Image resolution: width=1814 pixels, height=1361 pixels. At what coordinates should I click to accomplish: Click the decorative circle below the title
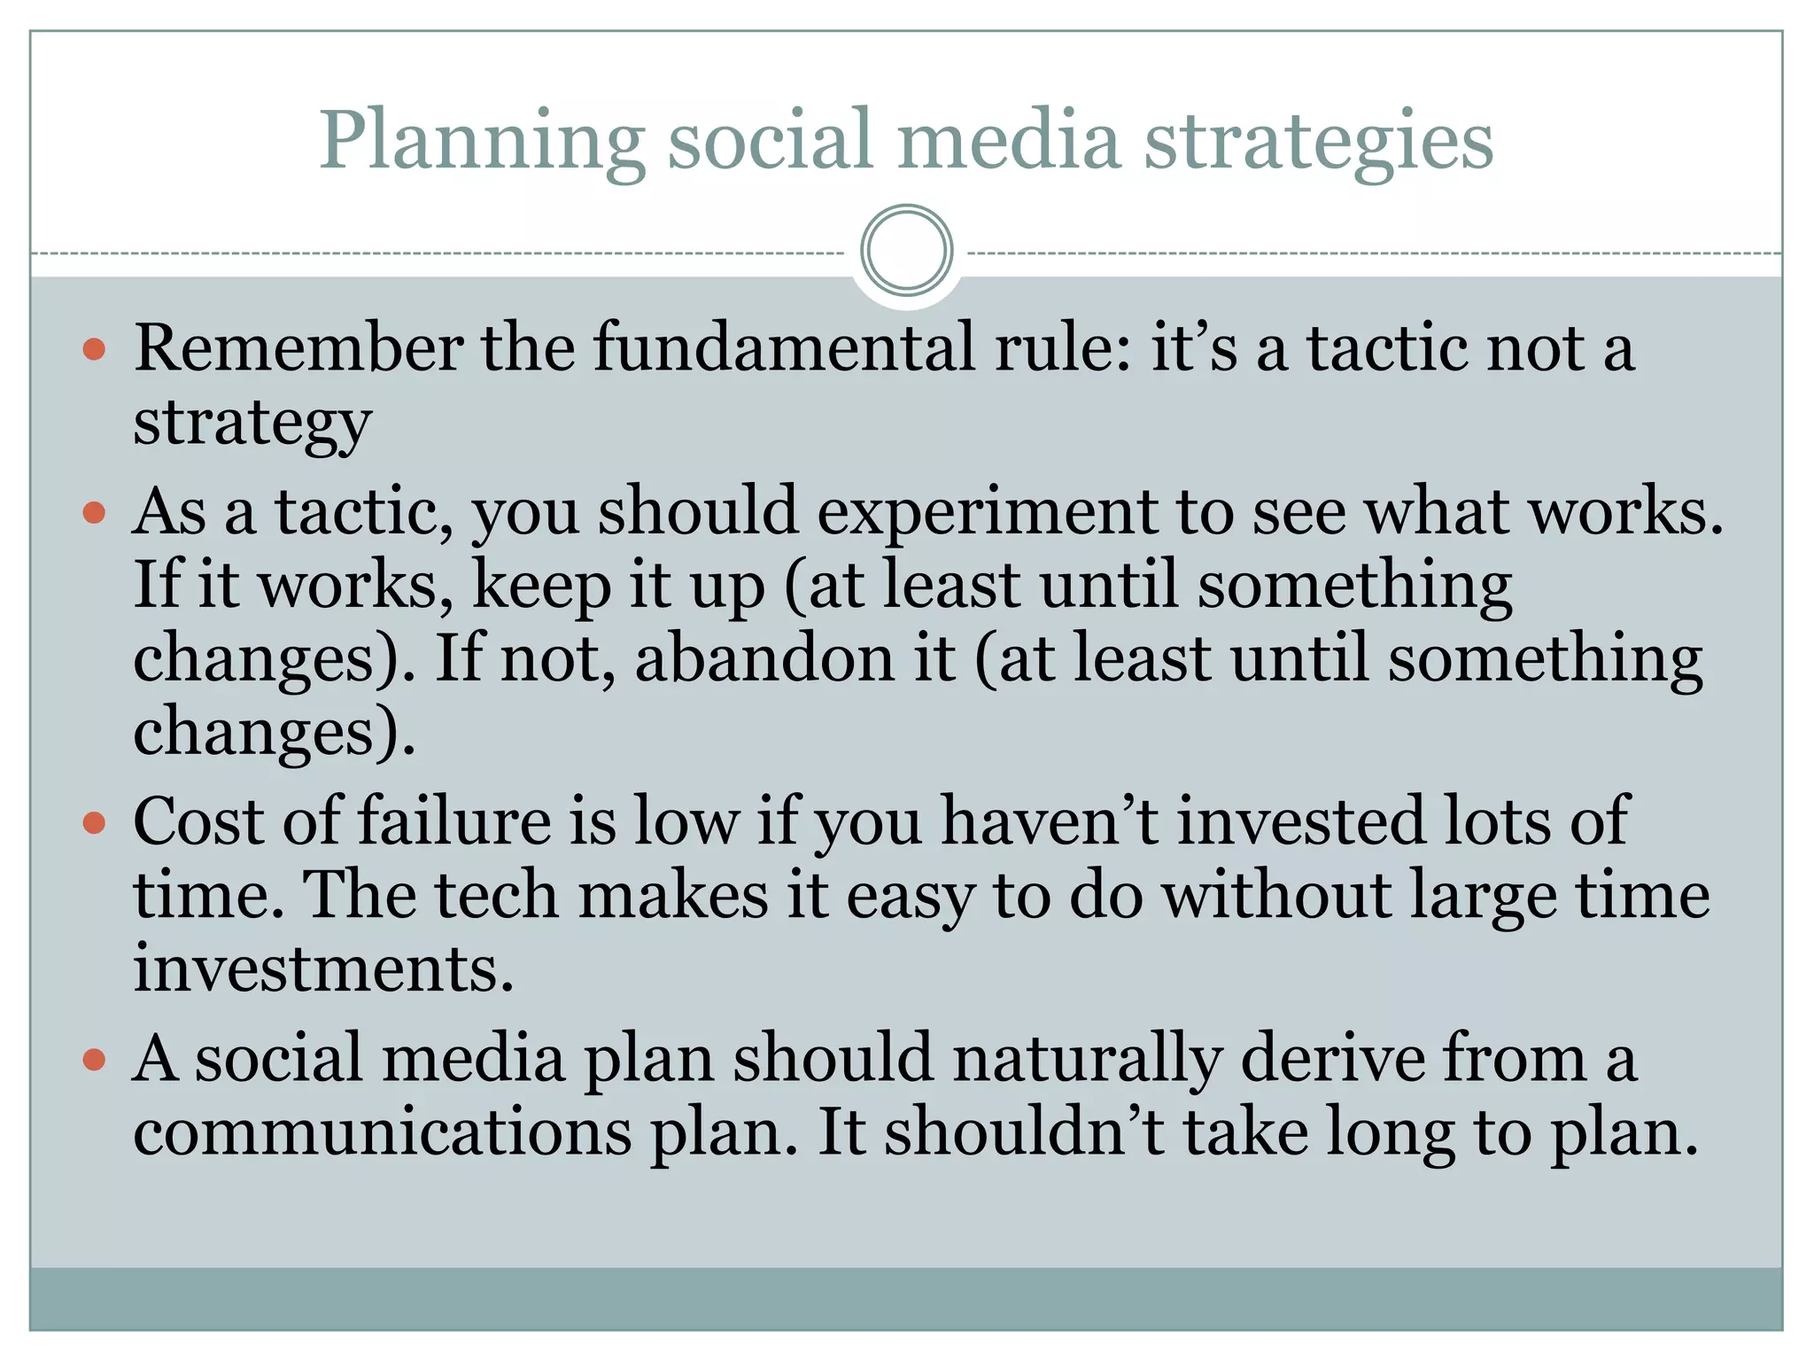tap(906, 250)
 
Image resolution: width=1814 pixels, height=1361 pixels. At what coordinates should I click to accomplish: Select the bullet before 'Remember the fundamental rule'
tap(94, 349)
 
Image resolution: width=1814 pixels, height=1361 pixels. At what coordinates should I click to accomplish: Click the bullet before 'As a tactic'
tap(94, 513)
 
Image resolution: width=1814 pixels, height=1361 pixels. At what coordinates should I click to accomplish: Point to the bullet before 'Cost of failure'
tap(94, 823)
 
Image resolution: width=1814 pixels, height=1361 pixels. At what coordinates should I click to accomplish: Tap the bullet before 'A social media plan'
tap(94, 1060)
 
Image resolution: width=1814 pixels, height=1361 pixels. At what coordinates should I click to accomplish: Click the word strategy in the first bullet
tap(252, 424)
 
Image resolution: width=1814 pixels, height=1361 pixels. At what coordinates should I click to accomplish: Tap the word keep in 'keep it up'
tap(541, 587)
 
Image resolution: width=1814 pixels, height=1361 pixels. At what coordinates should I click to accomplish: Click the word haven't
tap(1050, 822)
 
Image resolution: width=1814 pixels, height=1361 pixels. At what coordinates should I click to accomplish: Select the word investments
tap(323, 968)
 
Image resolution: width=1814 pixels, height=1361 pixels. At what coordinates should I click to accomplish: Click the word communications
tap(383, 1133)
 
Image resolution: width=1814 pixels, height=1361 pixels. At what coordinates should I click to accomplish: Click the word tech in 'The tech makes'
tap(496, 895)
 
